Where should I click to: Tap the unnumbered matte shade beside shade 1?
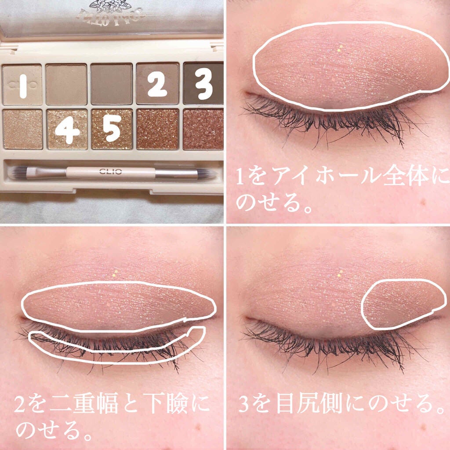pyautogui.click(x=66, y=84)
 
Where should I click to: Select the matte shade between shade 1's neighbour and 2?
pyautogui.click(x=112, y=84)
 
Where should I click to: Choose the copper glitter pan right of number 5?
pyautogui.click(x=157, y=130)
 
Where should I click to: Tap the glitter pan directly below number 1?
pyautogui.click(x=22, y=130)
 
